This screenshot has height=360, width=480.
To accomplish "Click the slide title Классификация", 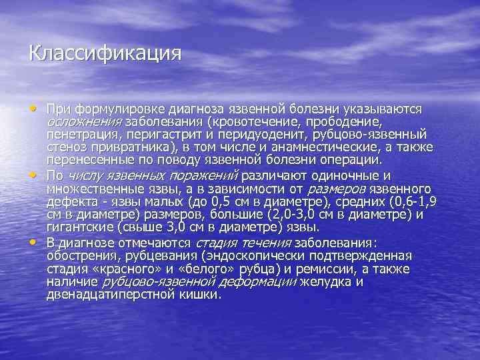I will tap(105, 53).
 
